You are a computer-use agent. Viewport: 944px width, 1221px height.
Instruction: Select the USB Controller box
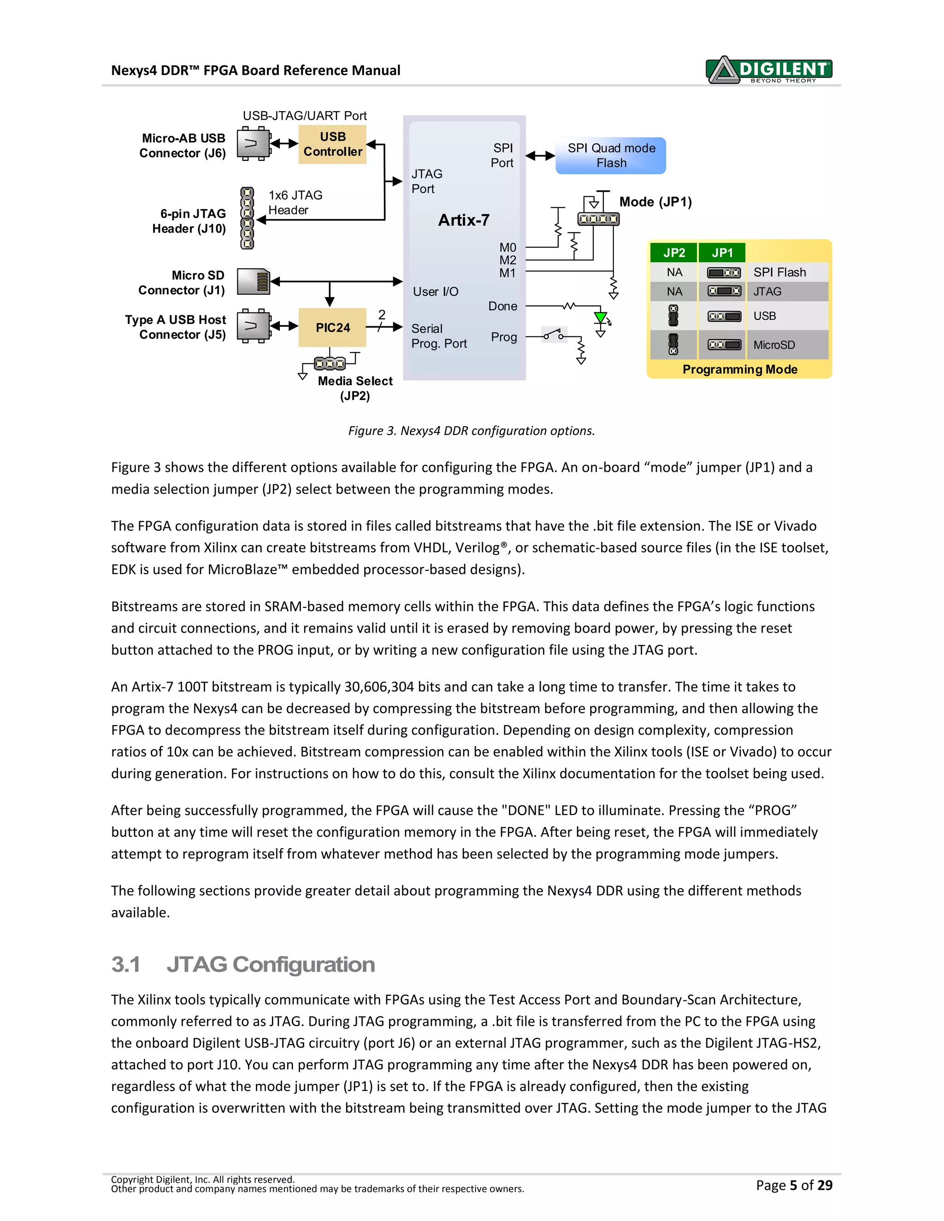tap(332, 144)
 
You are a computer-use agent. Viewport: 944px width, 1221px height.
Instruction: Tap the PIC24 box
tap(332, 328)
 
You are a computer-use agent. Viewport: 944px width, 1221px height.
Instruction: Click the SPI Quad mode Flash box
tap(611, 155)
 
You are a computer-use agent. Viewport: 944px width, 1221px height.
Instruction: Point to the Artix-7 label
tap(464, 220)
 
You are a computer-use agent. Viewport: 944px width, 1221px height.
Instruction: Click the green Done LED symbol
tap(601, 318)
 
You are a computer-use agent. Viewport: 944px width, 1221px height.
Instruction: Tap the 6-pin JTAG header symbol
tap(247, 218)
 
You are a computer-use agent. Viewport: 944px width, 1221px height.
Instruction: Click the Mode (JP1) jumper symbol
tap(598, 218)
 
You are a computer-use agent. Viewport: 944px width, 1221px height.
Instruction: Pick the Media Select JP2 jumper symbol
tap(330, 364)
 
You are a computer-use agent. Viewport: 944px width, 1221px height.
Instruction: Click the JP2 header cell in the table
tap(674, 252)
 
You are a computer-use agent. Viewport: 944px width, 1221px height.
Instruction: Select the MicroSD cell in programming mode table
tap(774, 345)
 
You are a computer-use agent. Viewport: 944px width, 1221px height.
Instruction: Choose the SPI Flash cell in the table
tap(779, 272)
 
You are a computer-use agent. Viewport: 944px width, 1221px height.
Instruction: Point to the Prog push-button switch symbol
tap(554, 335)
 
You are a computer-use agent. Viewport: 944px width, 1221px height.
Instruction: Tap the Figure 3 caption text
tap(472, 430)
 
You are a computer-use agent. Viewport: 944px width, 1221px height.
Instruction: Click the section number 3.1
tap(125, 964)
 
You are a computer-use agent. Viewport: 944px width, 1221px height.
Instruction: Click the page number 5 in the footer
tap(793, 1185)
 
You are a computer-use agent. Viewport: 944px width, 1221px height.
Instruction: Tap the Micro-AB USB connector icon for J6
tap(253, 144)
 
